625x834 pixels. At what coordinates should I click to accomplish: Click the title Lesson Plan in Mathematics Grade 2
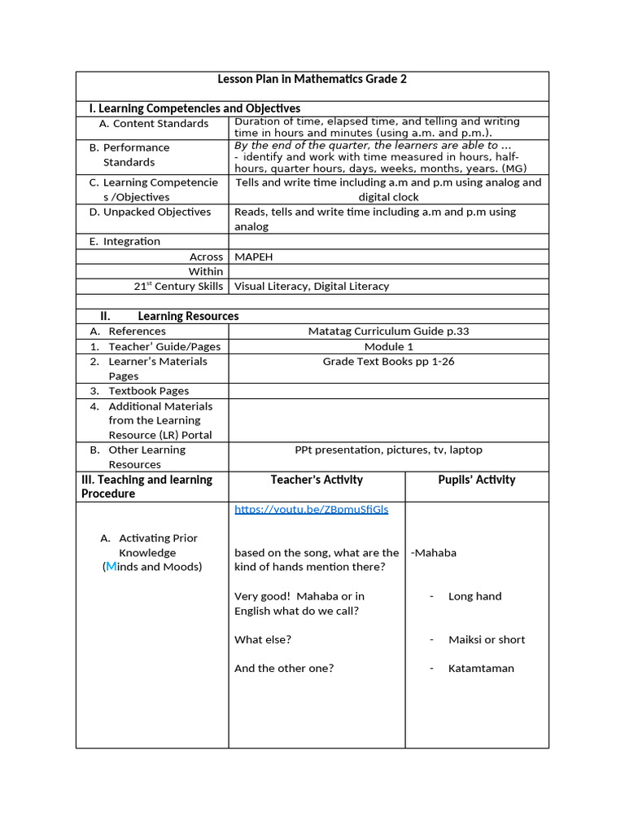click(x=312, y=79)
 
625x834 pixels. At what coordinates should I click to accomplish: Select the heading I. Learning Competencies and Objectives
click(x=194, y=108)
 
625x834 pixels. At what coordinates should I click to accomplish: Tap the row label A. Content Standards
click(x=154, y=124)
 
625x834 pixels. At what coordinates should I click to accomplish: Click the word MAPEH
click(x=253, y=257)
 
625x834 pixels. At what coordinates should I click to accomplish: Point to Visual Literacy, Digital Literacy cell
click(x=312, y=286)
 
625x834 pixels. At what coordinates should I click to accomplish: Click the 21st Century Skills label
click(x=178, y=286)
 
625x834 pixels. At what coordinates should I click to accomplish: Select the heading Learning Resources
click(x=188, y=316)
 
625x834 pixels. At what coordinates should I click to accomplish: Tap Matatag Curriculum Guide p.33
click(x=388, y=331)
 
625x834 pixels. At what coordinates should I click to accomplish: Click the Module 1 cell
click(x=388, y=346)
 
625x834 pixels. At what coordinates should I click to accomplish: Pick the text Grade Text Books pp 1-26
click(x=388, y=362)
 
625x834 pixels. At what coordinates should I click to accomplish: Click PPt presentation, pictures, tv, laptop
click(x=388, y=450)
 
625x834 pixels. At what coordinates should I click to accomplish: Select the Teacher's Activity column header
click(x=317, y=480)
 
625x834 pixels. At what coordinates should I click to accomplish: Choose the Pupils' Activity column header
click(x=476, y=480)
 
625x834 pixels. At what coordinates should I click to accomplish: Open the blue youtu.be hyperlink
click(x=312, y=509)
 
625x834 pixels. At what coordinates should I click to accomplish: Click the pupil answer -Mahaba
click(x=434, y=553)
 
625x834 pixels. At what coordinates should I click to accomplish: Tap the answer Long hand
click(x=474, y=596)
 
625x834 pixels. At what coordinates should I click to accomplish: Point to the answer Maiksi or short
click(x=486, y=639)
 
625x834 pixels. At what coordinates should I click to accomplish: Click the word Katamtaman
click(x=481, y=669)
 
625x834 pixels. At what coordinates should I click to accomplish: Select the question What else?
click(x=263, y=639)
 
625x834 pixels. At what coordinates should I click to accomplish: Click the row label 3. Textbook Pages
click(x=149, y=391)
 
